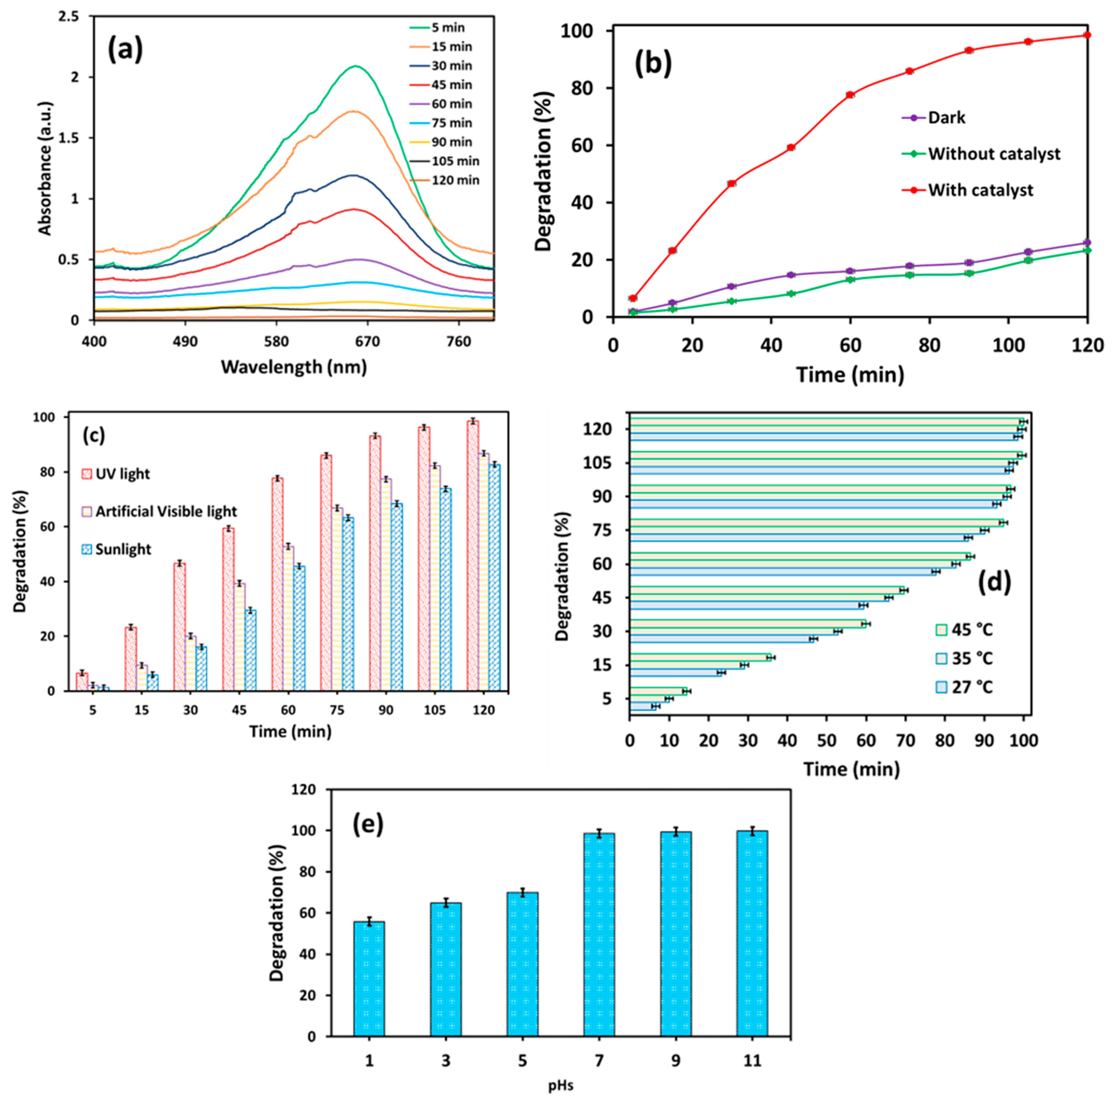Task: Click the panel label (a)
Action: [126, 50]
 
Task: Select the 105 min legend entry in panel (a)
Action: [455, 161]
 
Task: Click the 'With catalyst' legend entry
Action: [980, 190]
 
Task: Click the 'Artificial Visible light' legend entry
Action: [166, 511]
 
